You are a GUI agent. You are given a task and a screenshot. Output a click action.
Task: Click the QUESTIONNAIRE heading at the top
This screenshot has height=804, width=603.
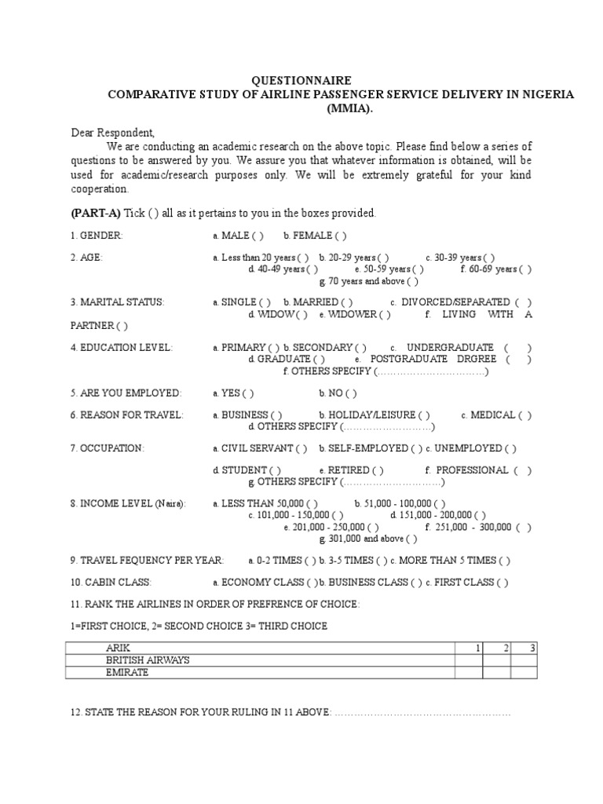296,81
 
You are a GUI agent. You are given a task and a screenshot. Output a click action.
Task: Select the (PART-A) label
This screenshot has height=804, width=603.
96,213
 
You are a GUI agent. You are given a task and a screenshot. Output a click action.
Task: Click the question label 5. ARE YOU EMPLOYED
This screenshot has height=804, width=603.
126,393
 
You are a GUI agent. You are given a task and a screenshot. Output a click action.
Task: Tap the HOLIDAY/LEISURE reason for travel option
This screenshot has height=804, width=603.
374,415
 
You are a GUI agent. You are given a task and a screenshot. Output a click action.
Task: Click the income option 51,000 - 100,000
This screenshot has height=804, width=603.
400,504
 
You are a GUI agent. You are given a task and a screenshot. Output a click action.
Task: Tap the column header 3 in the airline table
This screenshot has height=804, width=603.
532,648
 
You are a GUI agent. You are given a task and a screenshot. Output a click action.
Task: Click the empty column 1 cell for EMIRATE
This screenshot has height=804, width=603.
469,673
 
